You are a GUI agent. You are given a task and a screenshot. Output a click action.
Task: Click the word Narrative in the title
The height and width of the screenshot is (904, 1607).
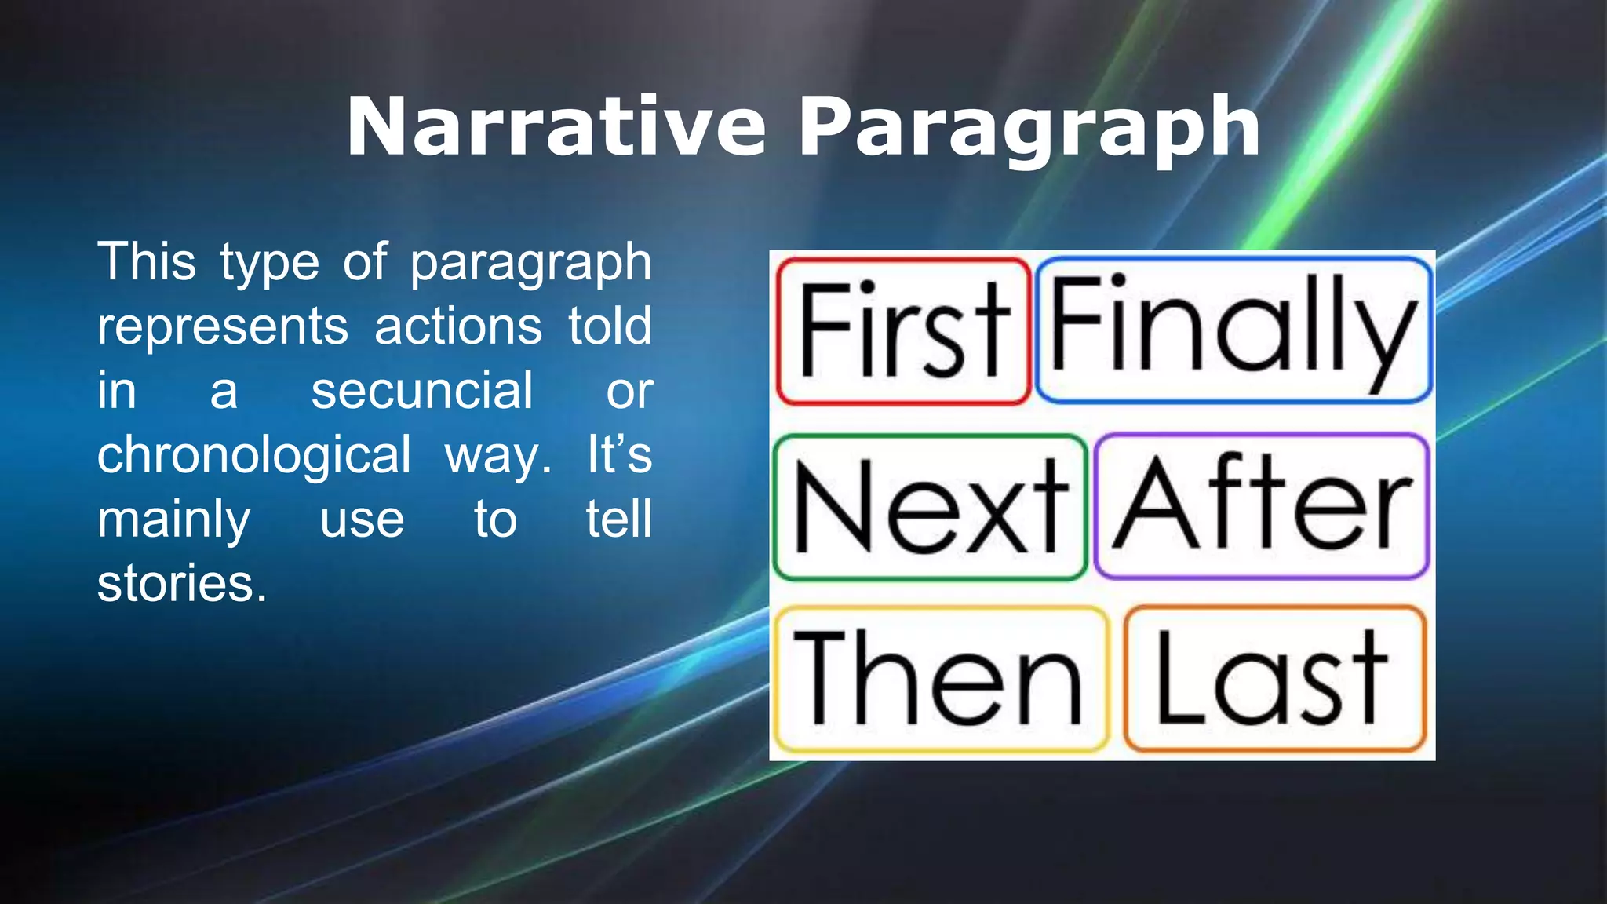click(556, 127)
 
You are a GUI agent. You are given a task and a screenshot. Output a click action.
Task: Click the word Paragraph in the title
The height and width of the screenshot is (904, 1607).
click(1029, 127)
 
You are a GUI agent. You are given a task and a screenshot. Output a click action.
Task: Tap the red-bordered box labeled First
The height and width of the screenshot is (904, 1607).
click(903, 331)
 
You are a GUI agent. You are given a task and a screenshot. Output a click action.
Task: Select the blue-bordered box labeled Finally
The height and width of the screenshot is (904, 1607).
click(1233, 330)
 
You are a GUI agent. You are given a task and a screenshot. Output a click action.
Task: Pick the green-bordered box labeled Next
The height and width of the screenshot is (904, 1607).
click(930, 507)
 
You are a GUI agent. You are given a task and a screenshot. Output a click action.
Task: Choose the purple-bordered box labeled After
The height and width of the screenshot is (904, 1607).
click(1261, 505)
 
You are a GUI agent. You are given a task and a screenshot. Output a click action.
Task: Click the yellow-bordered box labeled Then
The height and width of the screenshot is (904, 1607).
click(940, 678)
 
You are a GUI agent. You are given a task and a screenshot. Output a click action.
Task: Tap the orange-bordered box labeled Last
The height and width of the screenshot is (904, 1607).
click(1274, 678)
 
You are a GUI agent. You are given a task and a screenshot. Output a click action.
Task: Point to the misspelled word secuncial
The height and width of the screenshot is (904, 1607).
click(422, 390)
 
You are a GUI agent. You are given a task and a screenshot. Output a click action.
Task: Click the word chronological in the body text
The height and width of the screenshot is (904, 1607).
click(253, 454)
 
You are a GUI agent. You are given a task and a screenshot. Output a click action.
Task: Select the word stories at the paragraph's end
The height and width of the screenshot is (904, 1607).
click(182, 584)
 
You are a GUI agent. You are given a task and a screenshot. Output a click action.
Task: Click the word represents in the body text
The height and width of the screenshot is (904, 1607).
click(223, 326)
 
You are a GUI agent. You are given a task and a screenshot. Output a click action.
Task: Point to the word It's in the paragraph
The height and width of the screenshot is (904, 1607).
click(619, 454)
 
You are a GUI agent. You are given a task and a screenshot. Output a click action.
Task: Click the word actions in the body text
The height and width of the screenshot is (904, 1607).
click(457, 326)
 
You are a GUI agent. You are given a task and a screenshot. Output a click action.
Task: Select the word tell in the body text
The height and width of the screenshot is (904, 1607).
click(619, 519)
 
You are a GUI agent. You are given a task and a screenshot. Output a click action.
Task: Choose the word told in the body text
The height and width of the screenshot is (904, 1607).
click(610, 326)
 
